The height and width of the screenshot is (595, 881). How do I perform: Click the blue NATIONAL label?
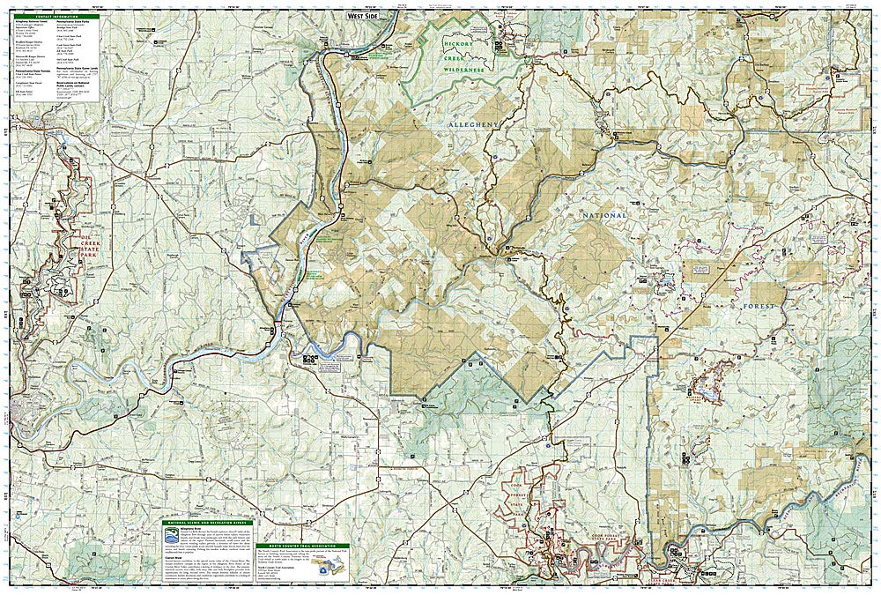pyautogui.click(x=603, y=215)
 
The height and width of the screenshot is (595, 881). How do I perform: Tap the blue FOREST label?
pyautogui.click(x=759, y=306)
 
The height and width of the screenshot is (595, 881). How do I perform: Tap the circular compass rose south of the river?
pyautogui.click(x=307, y=358)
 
